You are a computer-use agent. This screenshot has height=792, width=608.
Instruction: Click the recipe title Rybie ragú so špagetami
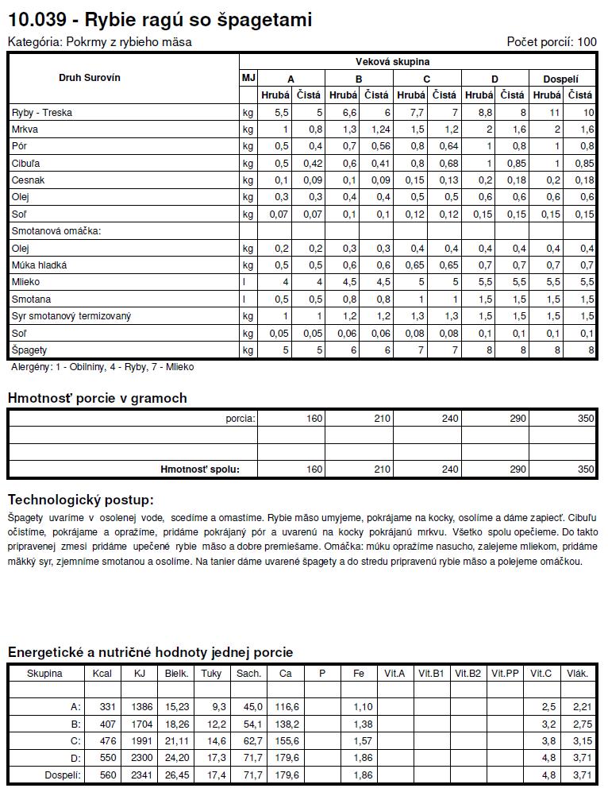[160, 19]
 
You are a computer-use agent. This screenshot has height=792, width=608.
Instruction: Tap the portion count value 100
[587, 42]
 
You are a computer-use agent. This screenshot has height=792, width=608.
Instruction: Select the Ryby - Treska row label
[41, 113]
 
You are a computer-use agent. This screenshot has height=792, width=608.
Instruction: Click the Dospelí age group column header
[560, 79]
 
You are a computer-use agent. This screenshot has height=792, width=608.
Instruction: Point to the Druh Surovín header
[90, 78]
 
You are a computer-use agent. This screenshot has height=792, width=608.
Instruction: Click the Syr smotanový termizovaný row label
[71, 316]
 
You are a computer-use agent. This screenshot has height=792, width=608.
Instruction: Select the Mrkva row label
[25, 129]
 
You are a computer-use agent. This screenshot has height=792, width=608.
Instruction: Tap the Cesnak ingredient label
[29, 180]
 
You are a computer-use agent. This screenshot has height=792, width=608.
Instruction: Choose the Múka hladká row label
[39, 265]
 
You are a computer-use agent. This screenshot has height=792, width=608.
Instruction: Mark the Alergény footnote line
[102, 367]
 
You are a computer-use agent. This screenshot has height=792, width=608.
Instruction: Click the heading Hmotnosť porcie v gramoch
[97, 398]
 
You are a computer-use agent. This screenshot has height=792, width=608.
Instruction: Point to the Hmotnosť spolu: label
[199, 469]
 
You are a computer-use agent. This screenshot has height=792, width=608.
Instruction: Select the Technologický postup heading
[80, 500]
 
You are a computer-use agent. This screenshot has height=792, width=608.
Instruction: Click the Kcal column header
[102, 674]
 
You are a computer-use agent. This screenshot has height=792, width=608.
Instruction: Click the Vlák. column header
[577, 674]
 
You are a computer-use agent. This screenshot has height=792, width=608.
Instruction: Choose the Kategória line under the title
[99, 42]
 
